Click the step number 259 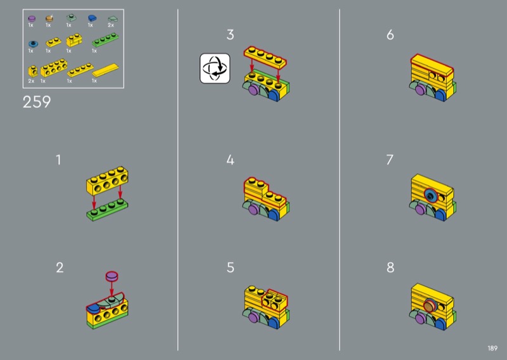tap(37, 102)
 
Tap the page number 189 tap(492, 348)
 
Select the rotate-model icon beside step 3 tap(215, 68)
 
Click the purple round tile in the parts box tap(32, 18)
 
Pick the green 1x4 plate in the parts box tap(105, 40)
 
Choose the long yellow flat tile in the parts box tap(105, 70)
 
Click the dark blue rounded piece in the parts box tap(92, 18)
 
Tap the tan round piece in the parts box tap(49, 18)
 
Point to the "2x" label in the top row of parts tap(110, 25)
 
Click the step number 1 tap(58, 160)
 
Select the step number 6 tap(390, 35)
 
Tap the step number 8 tap(390, 267)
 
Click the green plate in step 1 tap(107, 210)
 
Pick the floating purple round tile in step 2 tap(112, 276)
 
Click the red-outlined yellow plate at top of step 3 tap(265, 57)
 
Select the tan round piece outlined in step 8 tap(430, 305)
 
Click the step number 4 tap(230, 160)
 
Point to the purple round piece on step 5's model tap(254, 317)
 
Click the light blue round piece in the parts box tap(33, 44)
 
